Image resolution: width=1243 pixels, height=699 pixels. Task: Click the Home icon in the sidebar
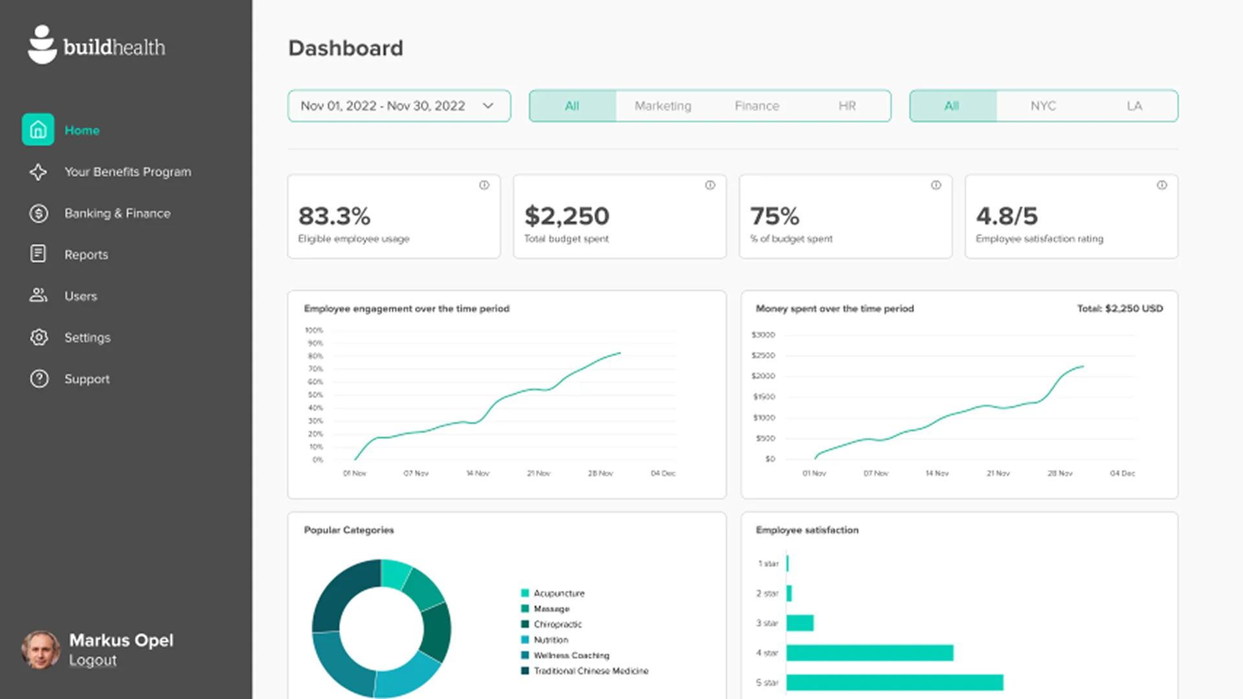[38, 130]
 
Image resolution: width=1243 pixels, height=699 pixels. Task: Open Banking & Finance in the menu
[117, 214]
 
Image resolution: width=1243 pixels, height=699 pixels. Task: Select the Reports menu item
[86, 255]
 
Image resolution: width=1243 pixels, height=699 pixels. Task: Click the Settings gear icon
[39, 337]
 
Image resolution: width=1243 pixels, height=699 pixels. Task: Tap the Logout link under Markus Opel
[93, 661]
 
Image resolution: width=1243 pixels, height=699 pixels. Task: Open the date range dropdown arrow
[488, 106]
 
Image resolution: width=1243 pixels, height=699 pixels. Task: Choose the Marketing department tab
[662, 106]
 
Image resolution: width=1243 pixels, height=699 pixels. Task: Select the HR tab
[847, 106]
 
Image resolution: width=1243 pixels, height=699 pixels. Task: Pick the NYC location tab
[1043, 106]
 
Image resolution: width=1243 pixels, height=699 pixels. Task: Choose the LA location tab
[1134, 106]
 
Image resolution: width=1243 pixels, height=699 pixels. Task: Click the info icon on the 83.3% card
[484, 186]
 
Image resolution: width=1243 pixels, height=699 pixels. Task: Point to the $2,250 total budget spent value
[566, 216]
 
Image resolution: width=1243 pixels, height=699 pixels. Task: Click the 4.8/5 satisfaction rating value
[1007, 216]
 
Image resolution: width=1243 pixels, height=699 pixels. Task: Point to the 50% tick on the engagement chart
[315, 395]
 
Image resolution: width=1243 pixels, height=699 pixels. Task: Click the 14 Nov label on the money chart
[937, 474]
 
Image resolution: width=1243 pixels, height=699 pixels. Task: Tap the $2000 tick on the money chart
[763, 376]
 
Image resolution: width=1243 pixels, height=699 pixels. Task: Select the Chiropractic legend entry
[557, 625]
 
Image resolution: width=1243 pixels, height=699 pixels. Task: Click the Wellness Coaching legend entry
[571, 656]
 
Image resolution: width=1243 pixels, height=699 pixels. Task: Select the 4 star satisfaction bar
[869, 653]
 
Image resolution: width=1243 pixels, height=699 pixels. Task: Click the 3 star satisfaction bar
[800, 623]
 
